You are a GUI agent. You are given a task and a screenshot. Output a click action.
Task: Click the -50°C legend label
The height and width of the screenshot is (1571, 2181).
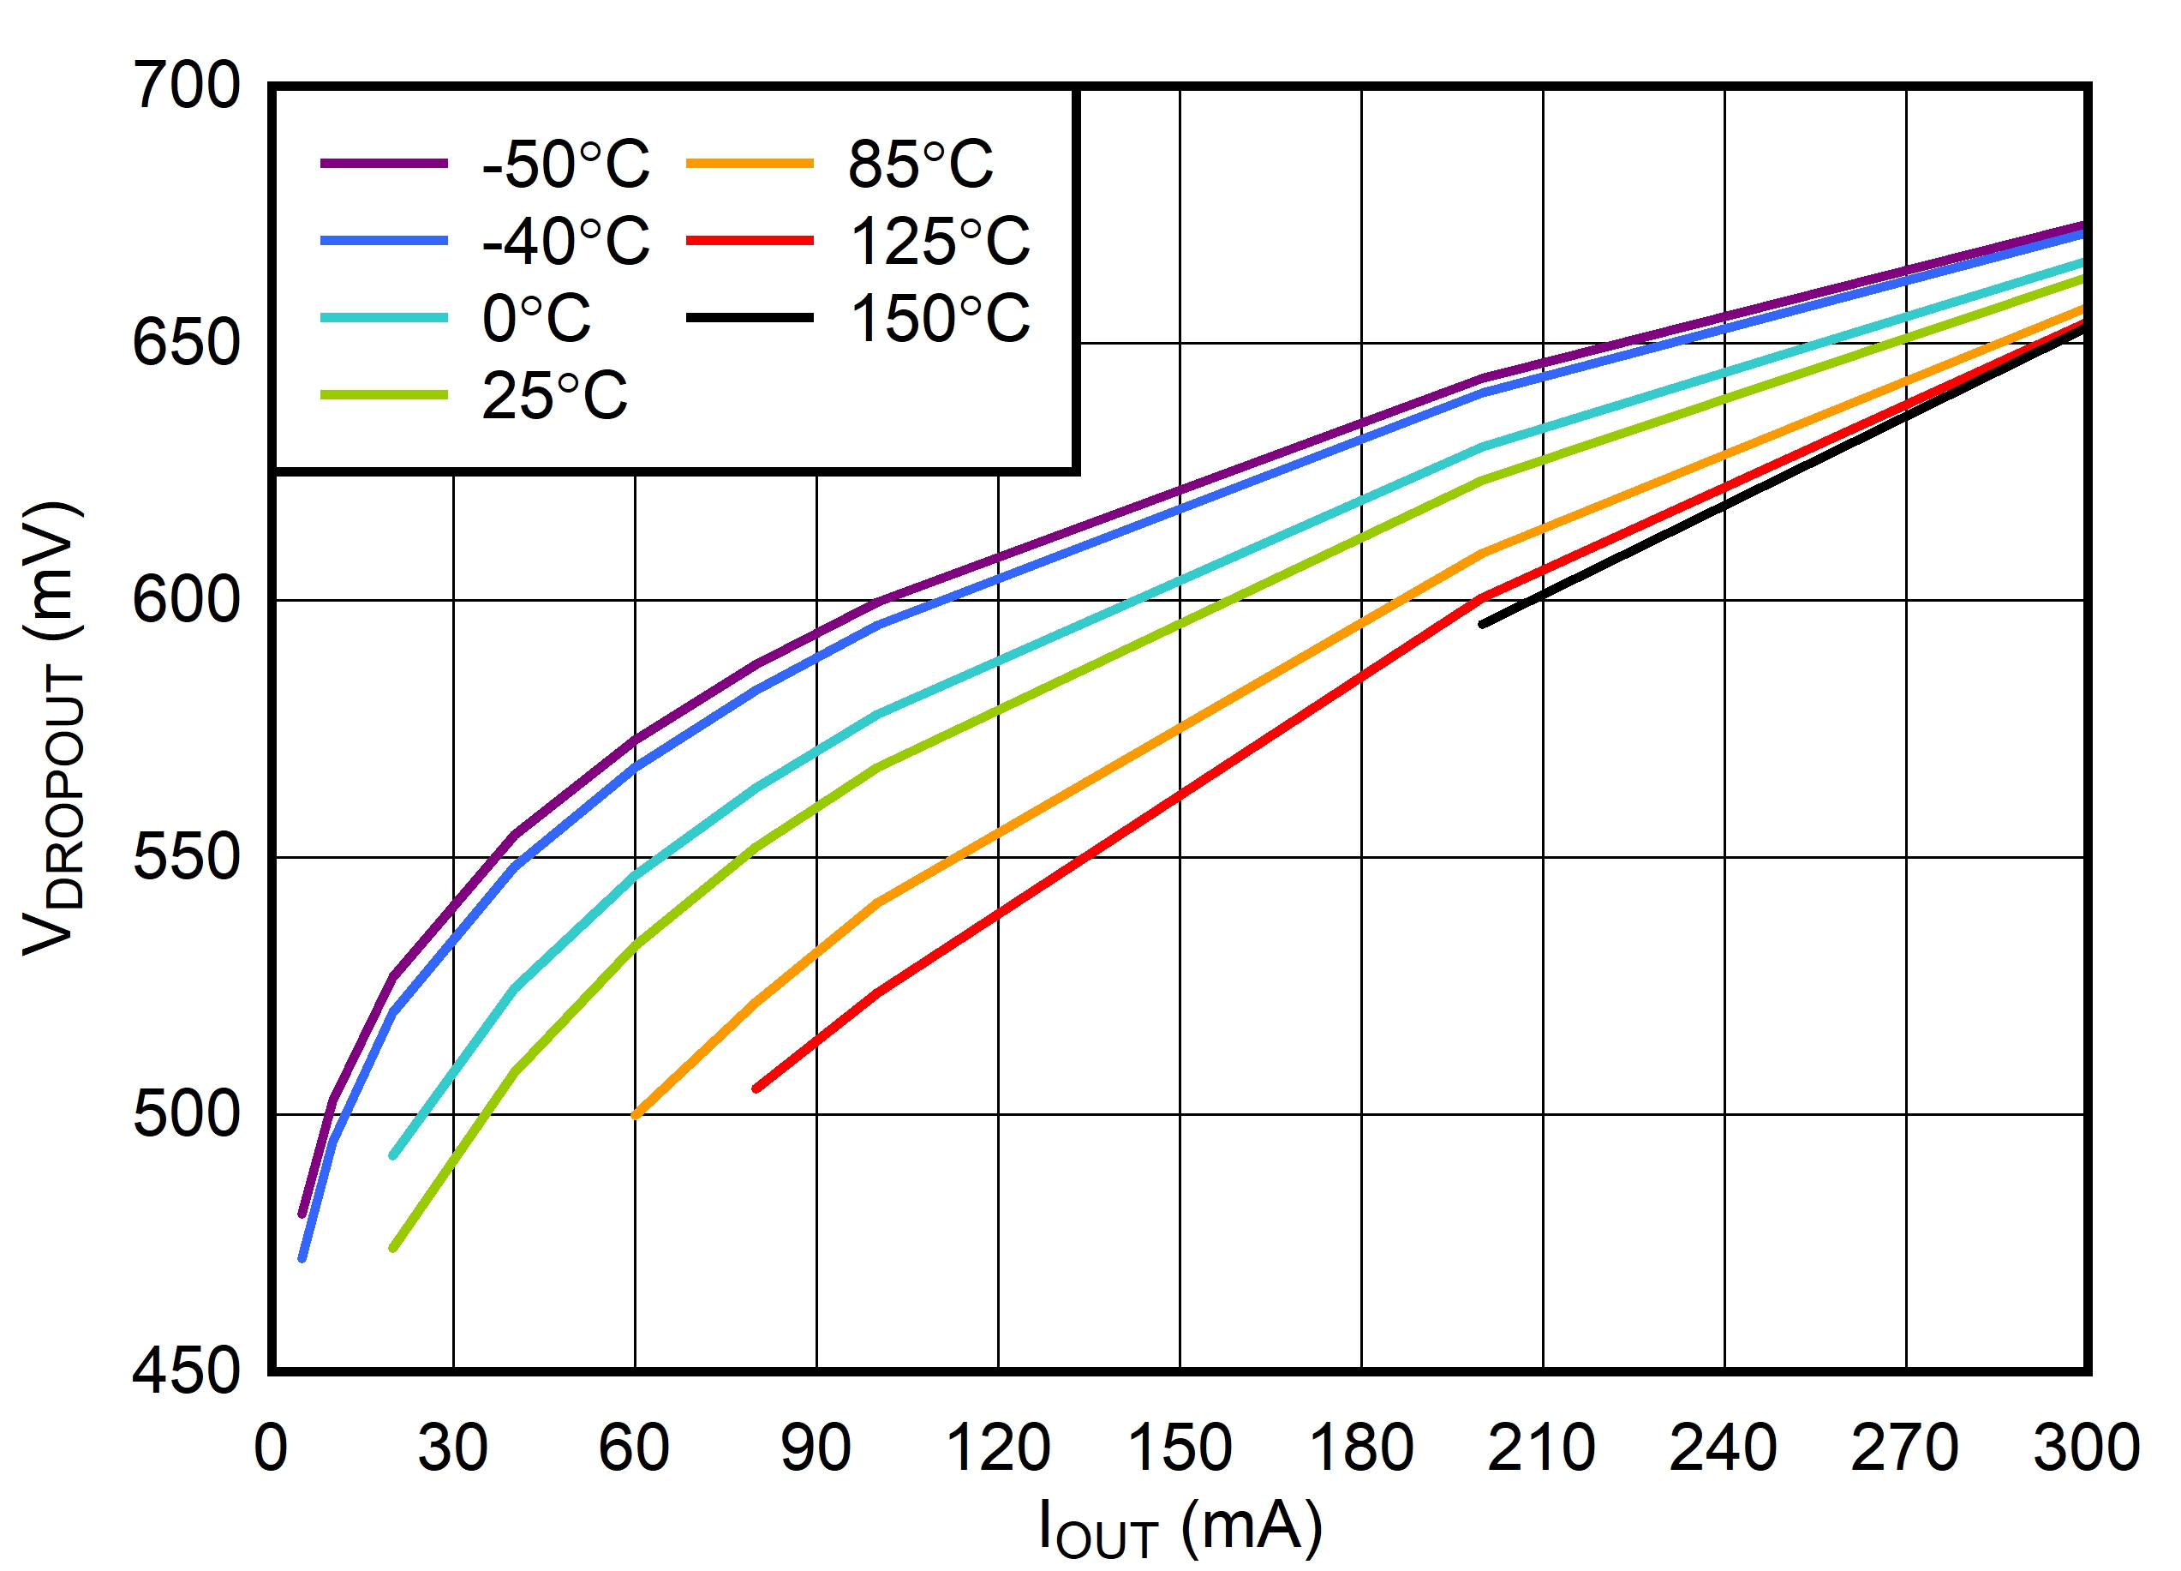(x=565, y=164)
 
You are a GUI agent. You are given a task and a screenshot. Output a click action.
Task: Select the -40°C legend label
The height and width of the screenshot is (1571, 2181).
(x=565, y=241)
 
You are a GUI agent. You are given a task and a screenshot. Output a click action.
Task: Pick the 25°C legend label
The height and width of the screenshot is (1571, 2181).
(x=554, y=395)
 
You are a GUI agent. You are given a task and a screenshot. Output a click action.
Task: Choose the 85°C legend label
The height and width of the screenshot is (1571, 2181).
(x=920, y=164)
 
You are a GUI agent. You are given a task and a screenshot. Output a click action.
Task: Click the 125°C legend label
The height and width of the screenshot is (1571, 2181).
(x=940, y=241)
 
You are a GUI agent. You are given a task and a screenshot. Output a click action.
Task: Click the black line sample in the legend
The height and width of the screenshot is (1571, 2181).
(x=750, y=317)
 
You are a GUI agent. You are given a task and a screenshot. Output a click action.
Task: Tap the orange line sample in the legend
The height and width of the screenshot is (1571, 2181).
(x=750, y=164)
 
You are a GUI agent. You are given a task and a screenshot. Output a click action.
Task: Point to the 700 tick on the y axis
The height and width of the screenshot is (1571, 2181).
(x=186, y=87)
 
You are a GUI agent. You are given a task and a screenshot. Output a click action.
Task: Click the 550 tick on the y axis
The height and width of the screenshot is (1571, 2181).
(x=186, y=857)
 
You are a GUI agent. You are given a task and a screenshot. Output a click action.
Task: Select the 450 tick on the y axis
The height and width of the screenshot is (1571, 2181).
(x=186, y=1371)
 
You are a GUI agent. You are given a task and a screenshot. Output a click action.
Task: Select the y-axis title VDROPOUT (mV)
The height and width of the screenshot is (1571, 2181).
(x=53, y=729)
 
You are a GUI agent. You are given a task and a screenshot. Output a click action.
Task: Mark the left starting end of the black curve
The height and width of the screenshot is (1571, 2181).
(x=1482, y=624)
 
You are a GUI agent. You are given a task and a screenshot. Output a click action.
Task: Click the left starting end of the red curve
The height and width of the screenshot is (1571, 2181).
(x=756, y=1088)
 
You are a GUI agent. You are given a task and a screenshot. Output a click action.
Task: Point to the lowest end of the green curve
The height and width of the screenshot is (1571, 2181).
(x=392, y=1249)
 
